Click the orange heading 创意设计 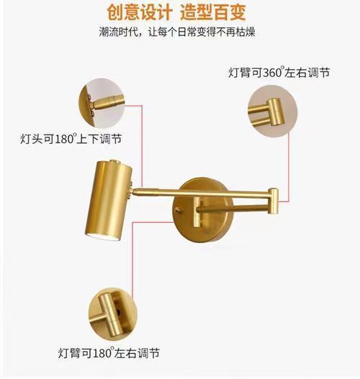140,12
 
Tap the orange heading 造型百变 213,12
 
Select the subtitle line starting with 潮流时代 177,32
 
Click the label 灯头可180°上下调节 71,139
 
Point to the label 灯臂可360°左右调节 279,72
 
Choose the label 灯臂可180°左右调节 109,353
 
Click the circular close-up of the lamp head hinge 102,104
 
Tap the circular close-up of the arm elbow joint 273,111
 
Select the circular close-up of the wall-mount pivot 113,314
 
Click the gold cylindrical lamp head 109,200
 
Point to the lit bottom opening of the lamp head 102,237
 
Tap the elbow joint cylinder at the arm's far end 274,201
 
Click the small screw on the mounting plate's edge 178,210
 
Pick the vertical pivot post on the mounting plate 197,211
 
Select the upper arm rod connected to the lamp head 202,193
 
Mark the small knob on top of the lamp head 114,161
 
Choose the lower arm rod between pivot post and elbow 233,209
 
